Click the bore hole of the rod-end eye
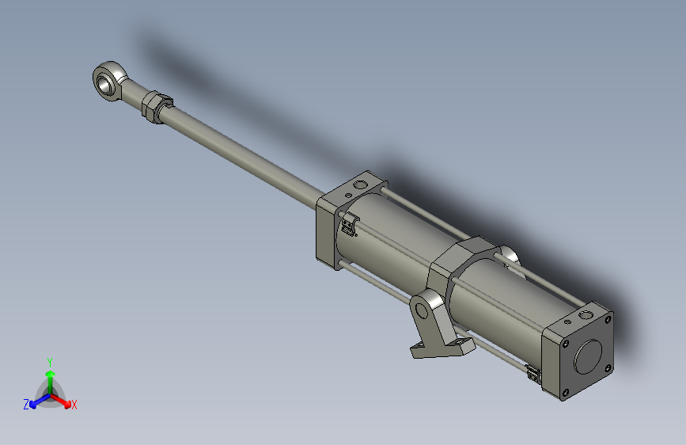(104, 83)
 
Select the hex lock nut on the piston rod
(156, 106)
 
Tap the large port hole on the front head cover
(361, 184)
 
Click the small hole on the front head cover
(348, 196)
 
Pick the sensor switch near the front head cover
(349, 224)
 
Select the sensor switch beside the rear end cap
(533, 374)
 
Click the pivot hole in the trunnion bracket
(422, 310)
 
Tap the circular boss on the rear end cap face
(588, 356)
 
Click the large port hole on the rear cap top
(585, 314)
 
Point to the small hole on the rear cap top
(567, 322)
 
